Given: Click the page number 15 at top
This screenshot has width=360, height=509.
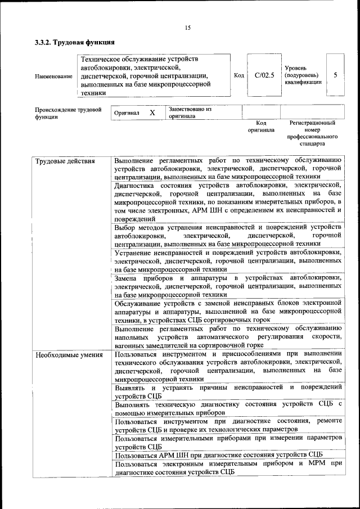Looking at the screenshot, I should point(187,28).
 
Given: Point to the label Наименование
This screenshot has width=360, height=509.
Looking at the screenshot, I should point(53,76).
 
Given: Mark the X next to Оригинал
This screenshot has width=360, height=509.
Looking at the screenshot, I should point(152,112).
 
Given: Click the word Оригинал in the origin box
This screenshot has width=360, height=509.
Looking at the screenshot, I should point(127,113).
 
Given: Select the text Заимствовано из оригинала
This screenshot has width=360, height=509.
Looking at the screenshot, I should point(190,112).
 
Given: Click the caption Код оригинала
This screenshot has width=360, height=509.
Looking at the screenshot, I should point(261,126).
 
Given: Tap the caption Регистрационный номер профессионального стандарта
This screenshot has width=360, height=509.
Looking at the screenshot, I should point(312,133).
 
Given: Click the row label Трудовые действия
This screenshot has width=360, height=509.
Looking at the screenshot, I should point(65,161).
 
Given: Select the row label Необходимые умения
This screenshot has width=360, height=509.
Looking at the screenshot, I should point(69,355).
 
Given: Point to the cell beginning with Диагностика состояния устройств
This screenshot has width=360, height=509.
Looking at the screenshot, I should point(227,201).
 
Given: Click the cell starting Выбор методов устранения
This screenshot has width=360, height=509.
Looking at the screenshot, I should point(227,236).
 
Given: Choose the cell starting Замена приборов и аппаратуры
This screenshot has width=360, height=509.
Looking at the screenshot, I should point(227,286).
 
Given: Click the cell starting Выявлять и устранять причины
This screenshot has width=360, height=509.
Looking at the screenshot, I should point(227,391).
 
